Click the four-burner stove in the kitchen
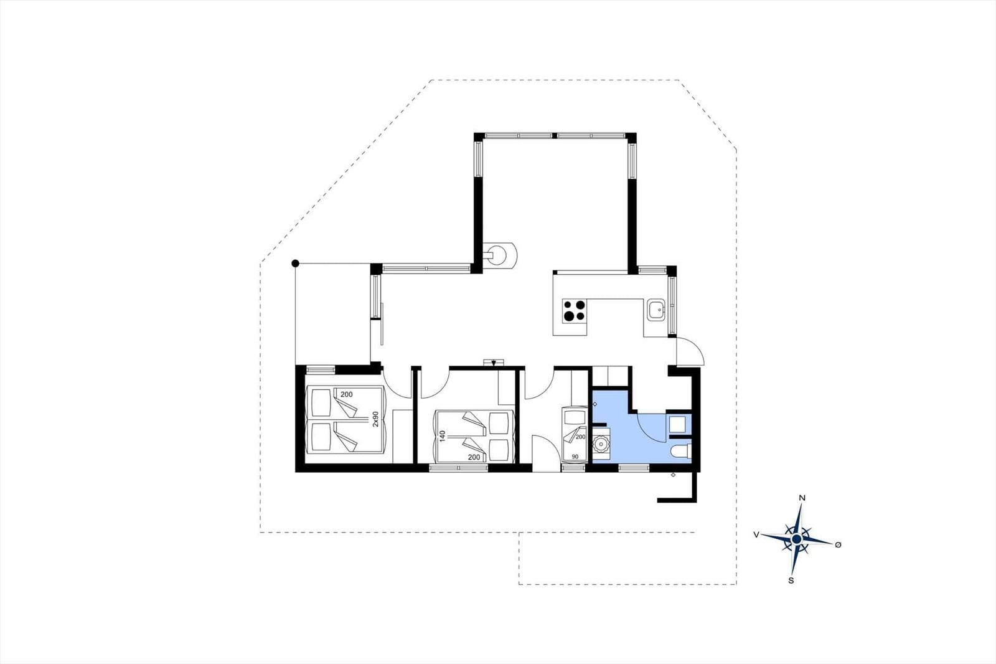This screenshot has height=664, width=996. [574, 311]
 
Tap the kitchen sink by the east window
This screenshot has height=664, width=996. [656, 310]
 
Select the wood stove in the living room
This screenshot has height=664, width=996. [500, 255]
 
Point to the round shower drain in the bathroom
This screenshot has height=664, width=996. [601, 444]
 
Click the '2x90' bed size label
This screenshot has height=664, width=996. [375, 419]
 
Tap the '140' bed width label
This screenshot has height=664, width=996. [442, 435]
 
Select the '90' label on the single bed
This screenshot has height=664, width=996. [575, 457]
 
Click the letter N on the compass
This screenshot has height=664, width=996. [802, 498]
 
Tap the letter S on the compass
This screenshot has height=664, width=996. [791, 581]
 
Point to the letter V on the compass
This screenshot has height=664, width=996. [756, 534]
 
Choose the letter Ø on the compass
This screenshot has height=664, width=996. [838, 544]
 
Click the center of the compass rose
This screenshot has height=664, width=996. [797, 539]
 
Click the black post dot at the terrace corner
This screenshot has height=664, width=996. [295, 263]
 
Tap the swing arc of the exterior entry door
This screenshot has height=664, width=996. [696, 346]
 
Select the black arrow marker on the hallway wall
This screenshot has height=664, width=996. [494, 363]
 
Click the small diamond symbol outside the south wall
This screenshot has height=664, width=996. [673, 475]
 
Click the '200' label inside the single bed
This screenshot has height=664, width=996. [580, 437]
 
